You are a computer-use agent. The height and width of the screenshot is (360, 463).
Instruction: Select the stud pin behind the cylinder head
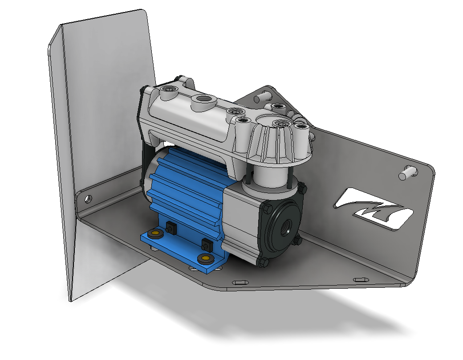[263, 95]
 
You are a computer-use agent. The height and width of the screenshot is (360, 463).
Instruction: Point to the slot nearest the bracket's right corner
[361, 279]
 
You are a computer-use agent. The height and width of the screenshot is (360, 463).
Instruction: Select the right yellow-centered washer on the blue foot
[205, 258]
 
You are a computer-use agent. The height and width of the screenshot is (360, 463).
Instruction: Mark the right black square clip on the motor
[206, 245]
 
